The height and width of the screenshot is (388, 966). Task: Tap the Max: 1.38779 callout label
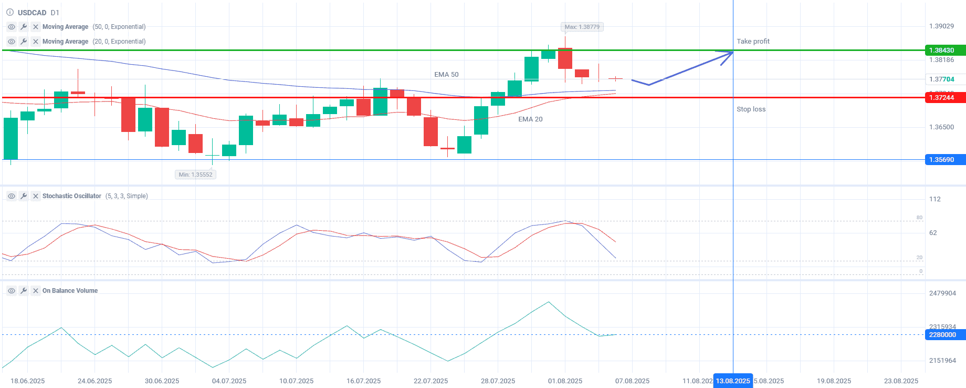582,27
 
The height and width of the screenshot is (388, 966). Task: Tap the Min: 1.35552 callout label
195,175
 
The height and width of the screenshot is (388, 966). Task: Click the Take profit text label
753,42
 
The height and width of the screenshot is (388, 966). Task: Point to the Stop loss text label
751,109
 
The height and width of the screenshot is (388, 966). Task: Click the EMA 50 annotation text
446,75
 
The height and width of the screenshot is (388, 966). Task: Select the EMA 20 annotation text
530,119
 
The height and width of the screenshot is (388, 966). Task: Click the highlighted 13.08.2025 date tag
733,381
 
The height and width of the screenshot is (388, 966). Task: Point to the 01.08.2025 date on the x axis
565,381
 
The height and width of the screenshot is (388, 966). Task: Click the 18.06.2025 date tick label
28,381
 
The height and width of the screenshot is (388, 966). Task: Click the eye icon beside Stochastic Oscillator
12,196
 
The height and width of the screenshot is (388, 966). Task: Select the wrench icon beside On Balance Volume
24,291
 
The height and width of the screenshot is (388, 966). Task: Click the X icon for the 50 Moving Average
36,27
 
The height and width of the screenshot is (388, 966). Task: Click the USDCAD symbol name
32,13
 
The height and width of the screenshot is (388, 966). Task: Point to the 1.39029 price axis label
941,26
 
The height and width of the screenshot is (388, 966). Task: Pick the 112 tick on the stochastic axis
934,199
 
